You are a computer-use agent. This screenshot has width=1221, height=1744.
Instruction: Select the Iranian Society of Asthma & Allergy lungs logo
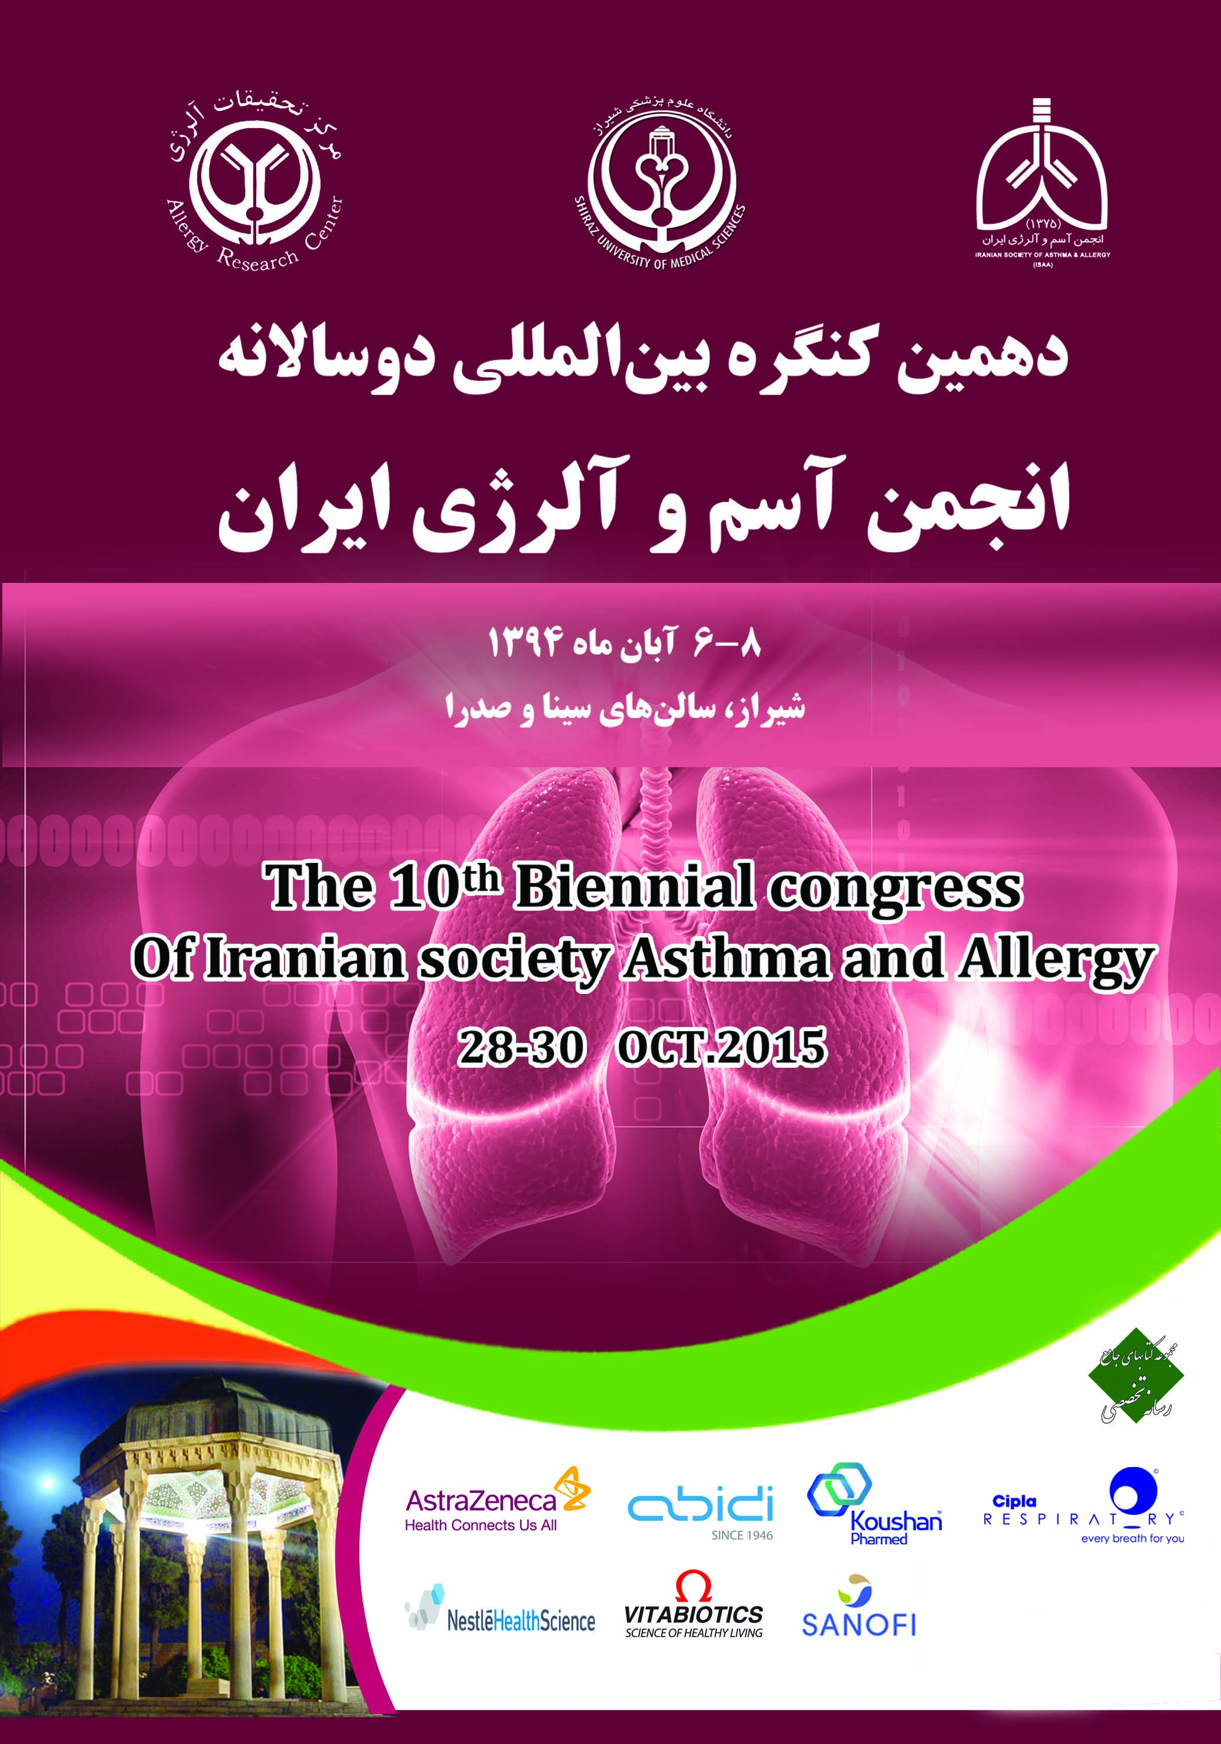pyautogui.click(x=1042, y=182)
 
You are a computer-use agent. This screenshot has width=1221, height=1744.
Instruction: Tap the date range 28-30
pyautogui.click(x=521, y=1048)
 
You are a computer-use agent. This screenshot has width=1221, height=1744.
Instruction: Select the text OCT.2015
pyautogui.click(x=722, y=1048)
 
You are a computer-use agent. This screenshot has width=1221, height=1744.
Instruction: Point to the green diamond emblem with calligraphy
pyautogui.click(x=1135, y=1375)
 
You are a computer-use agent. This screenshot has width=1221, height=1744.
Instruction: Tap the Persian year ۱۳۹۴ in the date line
pyautogui.click(x=524, y=644)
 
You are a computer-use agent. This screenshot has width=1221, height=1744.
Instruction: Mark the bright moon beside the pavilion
pyautogui.click(x=48, y=1482)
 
